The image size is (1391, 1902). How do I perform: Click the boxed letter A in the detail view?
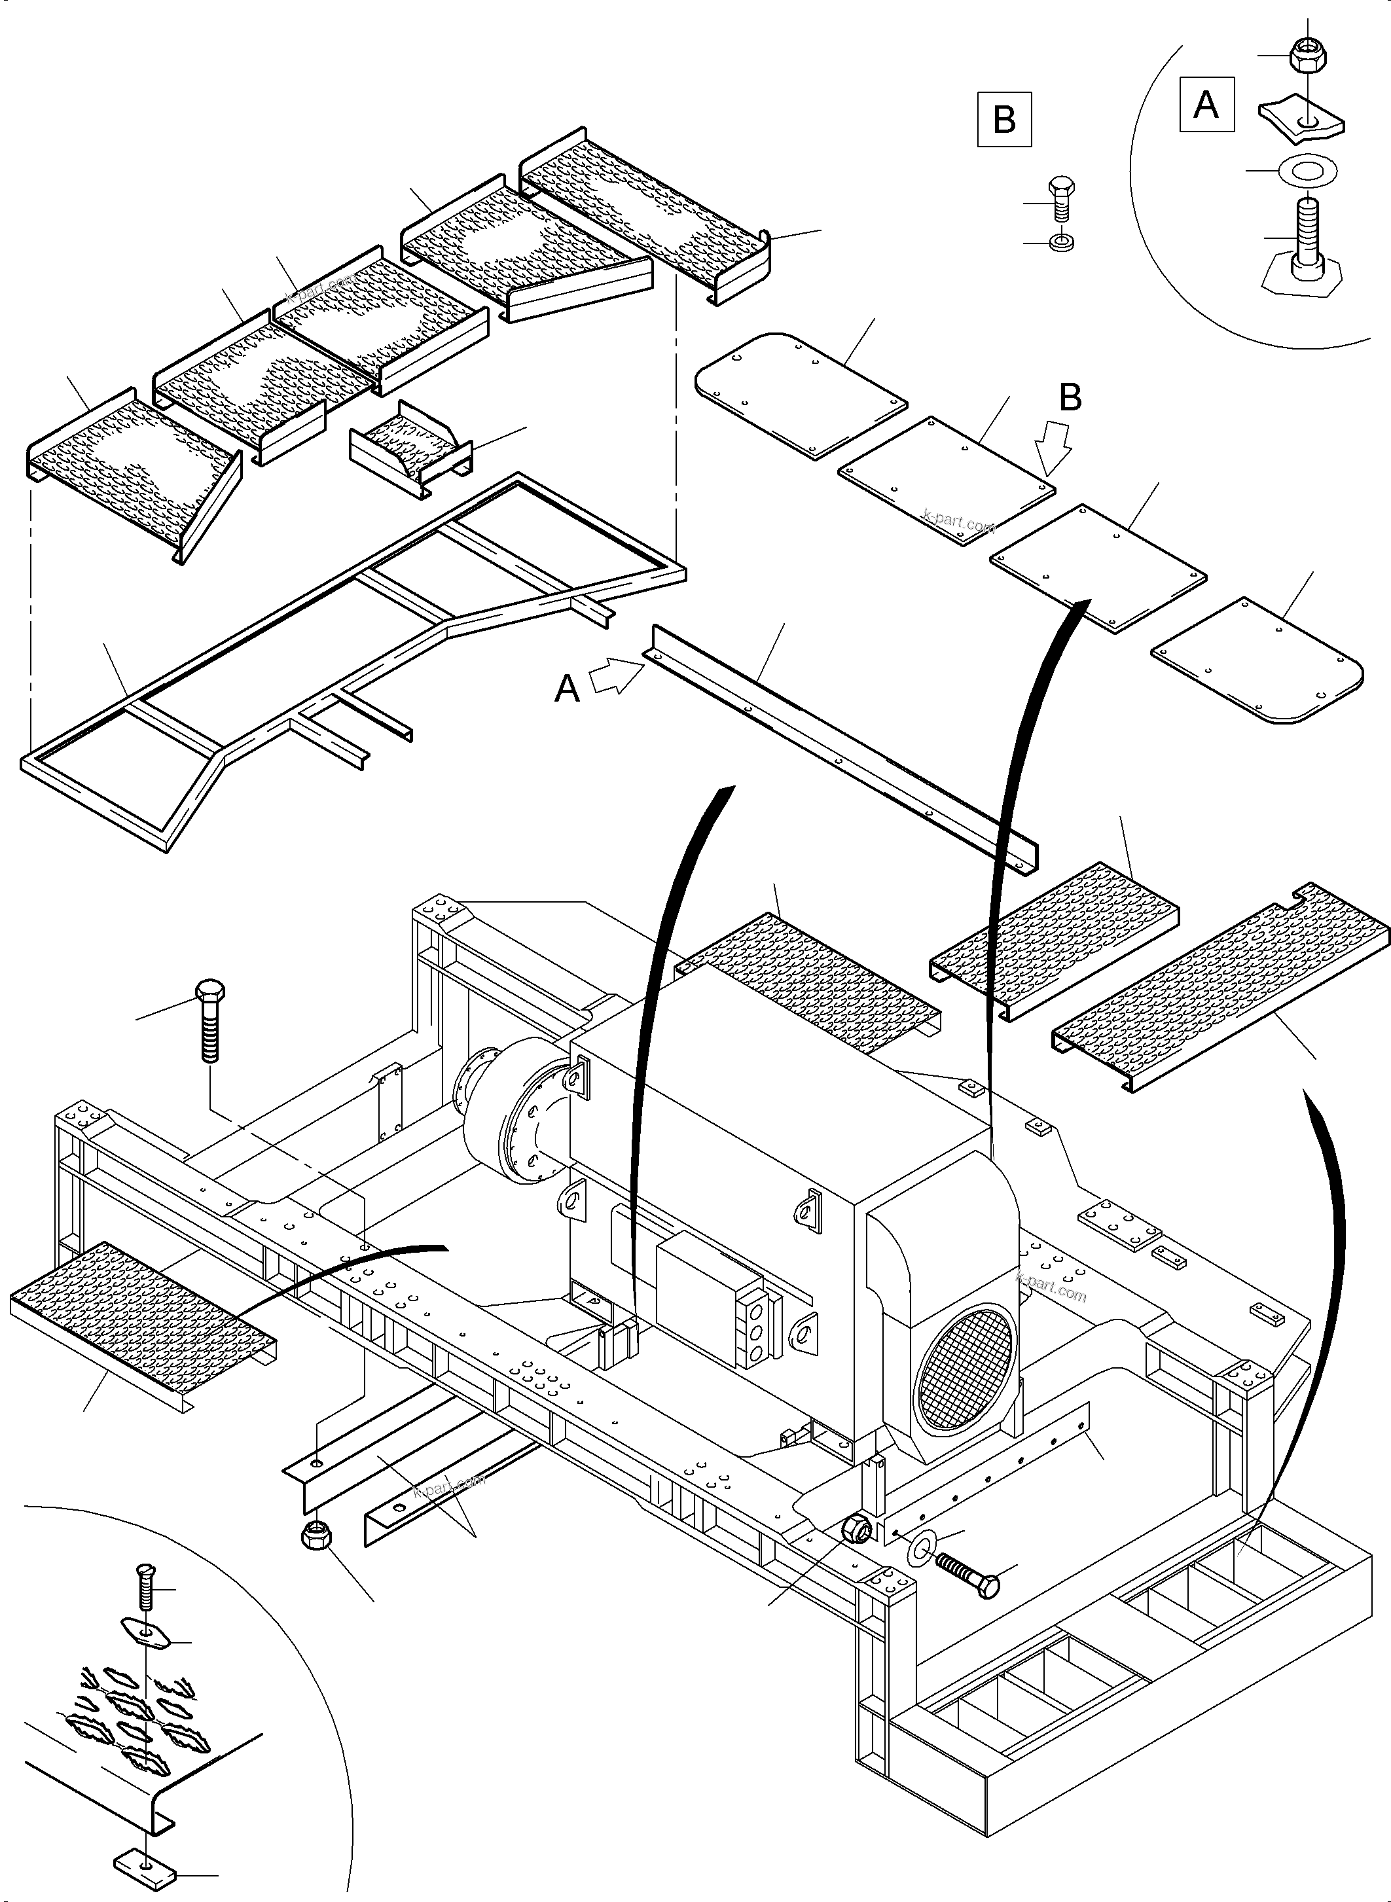pos(1206,105)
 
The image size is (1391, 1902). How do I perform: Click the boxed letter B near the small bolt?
pos(1003,120)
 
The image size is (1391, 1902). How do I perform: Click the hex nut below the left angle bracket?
pos(315,1535)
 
